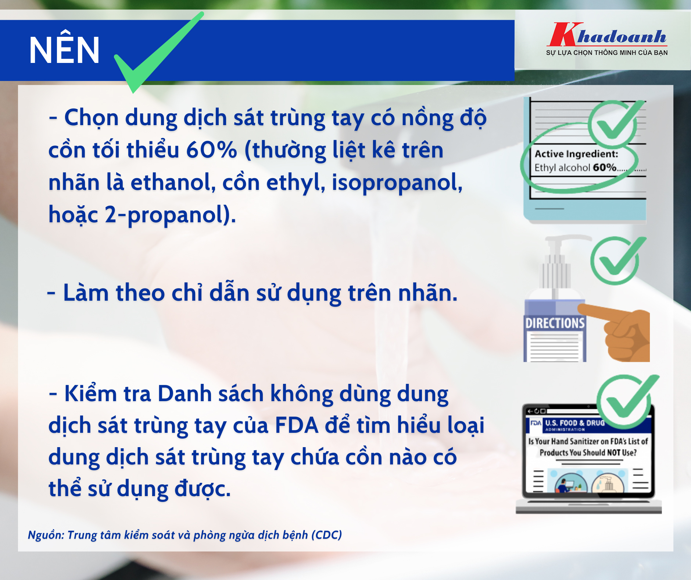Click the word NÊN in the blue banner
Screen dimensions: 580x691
pos(64,50)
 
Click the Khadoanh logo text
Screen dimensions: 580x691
pos(608,36)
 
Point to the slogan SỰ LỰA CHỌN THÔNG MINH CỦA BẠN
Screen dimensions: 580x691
pos(607,53)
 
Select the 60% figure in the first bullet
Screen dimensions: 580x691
pos(211,150)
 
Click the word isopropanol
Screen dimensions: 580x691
pos(397,183)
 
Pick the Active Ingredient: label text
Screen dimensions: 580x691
pos(576,154)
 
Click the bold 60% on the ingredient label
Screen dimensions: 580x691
pos(605,167)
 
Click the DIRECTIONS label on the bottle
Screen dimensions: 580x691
pos(555,323)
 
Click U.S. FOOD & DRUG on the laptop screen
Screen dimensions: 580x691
pos(575,423)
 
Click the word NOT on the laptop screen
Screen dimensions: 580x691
pos(613,452)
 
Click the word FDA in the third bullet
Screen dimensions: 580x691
pos(296,425)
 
